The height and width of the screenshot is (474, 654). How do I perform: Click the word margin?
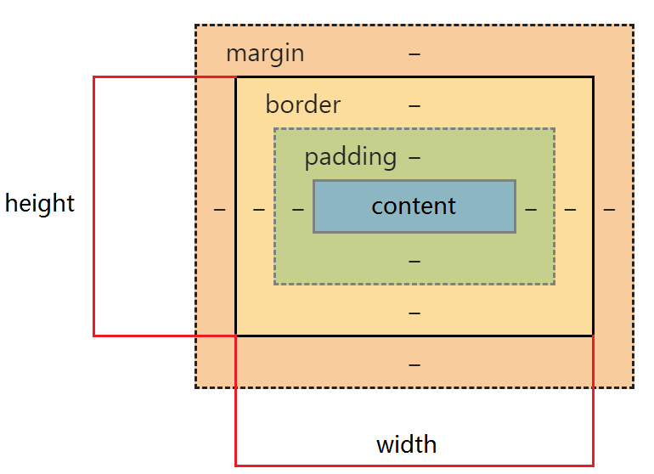(x=264, y=54)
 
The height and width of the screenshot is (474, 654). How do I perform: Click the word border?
(x=302, y=104)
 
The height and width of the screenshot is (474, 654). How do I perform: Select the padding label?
(x=350, y=156)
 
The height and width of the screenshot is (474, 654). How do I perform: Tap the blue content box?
(x=414, y=206)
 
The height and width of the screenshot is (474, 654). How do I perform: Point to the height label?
(x=40, y=204)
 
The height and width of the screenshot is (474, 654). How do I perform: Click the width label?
(x=406, y=444)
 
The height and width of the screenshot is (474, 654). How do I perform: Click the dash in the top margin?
(x=414, y=54)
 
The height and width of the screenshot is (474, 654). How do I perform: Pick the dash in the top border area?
(x=414, y=105)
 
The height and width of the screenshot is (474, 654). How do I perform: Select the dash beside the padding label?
(x=414, y=157)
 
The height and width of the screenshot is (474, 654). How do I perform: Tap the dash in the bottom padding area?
(x=414, y=261)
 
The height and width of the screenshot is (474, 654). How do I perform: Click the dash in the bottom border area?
(x=414, y=313)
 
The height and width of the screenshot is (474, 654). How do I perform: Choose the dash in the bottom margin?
(x=414, y=364)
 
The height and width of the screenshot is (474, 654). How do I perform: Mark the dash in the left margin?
(x=219, y=209)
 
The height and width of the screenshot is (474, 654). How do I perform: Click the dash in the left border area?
(x=258, y=209)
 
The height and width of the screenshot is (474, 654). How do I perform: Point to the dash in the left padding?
(x=297, y=209)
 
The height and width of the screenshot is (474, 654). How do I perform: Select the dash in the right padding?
(x=531, y=209)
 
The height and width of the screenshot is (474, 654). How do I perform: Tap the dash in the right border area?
(x=570, y=209)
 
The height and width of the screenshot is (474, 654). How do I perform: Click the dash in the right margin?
(x=609, y=209)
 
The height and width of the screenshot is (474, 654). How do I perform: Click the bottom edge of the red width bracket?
(x=414, y=465)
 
